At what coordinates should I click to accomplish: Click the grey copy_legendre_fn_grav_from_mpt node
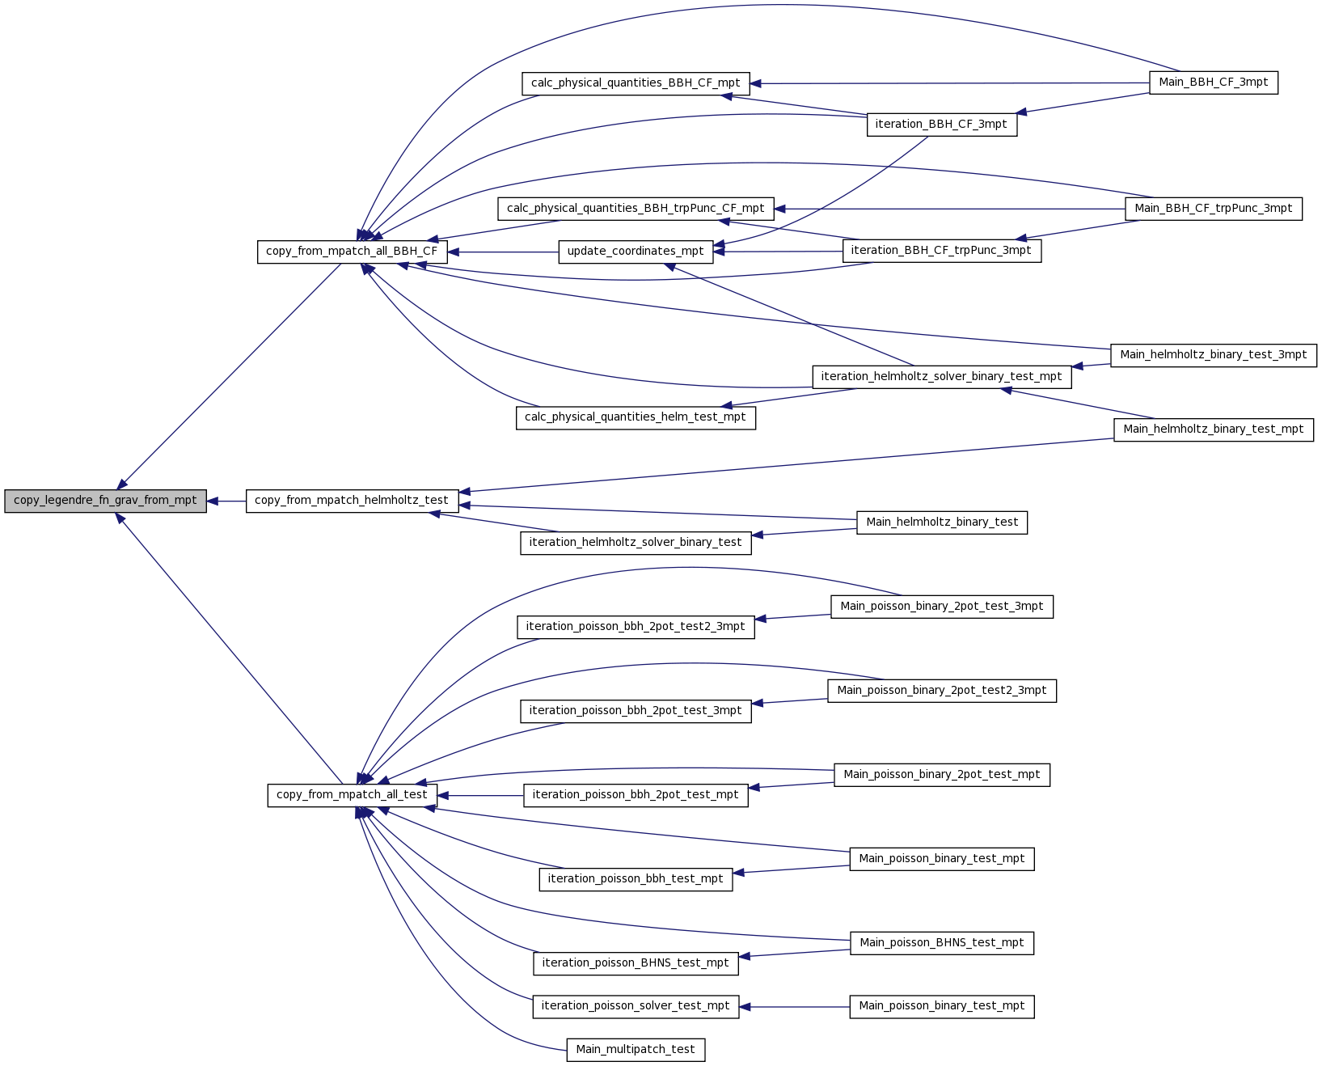[105, 501]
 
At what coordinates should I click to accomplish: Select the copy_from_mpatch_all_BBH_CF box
[352, 252]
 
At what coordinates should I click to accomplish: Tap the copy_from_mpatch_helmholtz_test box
[352, 501]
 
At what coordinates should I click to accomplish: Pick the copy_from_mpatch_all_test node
[352, 795]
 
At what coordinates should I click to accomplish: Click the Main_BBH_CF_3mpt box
[1214, 83]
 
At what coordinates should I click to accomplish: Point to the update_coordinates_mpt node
[636, 252]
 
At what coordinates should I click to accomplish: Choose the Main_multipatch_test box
[636, 1049]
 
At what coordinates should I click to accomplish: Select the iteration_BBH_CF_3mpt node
[942, 125]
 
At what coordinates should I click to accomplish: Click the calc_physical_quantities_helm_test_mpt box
[636, 418]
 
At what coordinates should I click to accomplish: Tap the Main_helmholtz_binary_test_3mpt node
[1214, 355]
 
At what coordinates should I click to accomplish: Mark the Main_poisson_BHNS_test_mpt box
[942, 943]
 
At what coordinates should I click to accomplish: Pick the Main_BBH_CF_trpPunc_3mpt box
[1214, 209]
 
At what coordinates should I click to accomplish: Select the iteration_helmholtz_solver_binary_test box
[636, 544]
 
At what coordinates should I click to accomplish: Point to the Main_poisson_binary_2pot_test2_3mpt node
[942, 691]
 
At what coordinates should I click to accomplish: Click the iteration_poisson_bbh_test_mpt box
[636, 879]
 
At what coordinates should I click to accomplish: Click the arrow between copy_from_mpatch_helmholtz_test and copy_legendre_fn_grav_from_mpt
[226, 501]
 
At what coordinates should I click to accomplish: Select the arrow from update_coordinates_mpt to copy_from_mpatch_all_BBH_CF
[502, 252]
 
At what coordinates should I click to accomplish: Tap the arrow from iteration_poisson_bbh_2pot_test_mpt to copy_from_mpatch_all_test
[479, 796]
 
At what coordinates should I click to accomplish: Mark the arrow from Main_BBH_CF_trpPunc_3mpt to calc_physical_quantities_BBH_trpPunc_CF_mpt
[949, 209]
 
